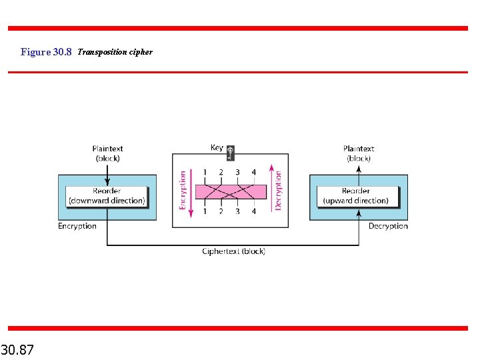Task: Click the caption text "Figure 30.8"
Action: pos(45,52)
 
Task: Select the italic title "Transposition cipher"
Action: pos(115,52)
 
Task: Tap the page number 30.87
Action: pos(18,349)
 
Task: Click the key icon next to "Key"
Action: pos(231,152)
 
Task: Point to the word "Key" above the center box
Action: pos(217,147)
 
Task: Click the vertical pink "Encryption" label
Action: pos(183,191)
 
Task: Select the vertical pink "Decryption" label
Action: pos(278,191)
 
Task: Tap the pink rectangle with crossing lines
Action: pos(230,192)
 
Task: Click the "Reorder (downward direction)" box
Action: pos(107,196)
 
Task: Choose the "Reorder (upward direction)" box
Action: pos(356,196)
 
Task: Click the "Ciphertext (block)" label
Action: pos(233,251)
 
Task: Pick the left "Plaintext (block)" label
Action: pos(107,153)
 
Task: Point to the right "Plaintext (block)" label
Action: pos(359,153)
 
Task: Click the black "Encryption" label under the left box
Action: pos(77,226)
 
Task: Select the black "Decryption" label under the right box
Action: pos(388,226)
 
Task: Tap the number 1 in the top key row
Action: pos(205,172)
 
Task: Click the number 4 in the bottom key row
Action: pos(254,211)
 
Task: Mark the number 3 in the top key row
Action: pos(237,172)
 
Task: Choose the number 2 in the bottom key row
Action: pos(221,211)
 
